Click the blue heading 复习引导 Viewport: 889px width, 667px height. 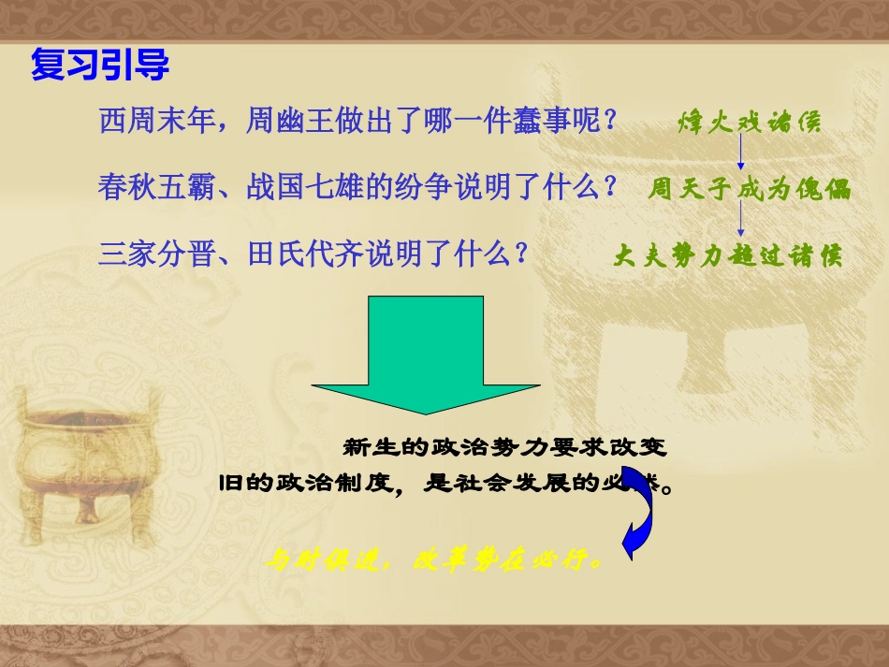pos(100,65)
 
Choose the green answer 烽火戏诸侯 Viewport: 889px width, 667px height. pos(750,123)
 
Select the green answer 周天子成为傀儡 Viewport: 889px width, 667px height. pos(750,189)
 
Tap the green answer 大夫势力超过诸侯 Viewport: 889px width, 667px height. pos(727,255)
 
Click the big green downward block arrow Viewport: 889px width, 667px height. pos(426,355)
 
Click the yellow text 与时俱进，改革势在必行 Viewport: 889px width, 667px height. pos(433,561)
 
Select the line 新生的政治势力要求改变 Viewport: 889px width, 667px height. pos(505,448)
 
